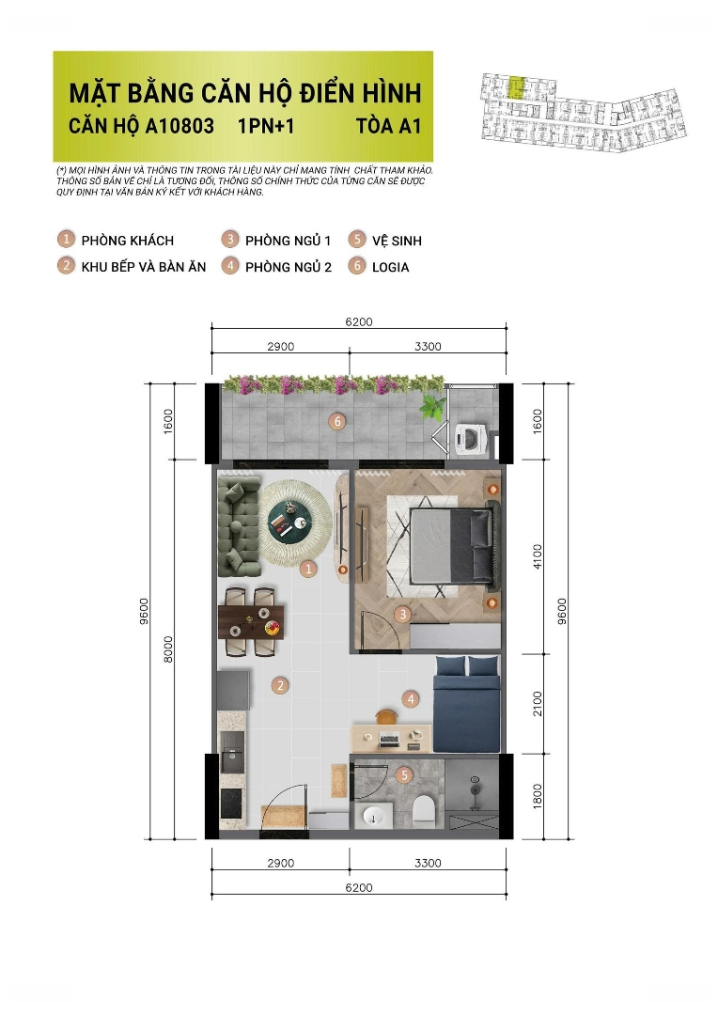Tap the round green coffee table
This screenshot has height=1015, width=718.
(289, 519)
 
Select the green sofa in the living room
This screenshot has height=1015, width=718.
(239, 525)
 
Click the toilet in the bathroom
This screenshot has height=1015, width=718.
(424, 810)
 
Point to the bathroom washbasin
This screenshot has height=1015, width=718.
(374, 816)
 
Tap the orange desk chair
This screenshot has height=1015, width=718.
(386, 716)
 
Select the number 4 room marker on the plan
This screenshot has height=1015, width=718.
(410, 699)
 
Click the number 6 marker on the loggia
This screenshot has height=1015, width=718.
(336, 421)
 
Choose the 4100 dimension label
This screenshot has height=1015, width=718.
(538, 556)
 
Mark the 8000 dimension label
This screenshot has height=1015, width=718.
(168, 649)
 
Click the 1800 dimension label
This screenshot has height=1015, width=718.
(538, 797)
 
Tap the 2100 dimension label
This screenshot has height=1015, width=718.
(538, 704)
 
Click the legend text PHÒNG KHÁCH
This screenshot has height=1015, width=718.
(128, 241)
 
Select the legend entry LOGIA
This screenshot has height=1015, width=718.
(390, 267)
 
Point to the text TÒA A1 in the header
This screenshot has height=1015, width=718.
(388, 126)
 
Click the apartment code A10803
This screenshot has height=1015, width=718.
(179, 126)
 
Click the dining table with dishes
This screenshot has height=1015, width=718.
(252, 622)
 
